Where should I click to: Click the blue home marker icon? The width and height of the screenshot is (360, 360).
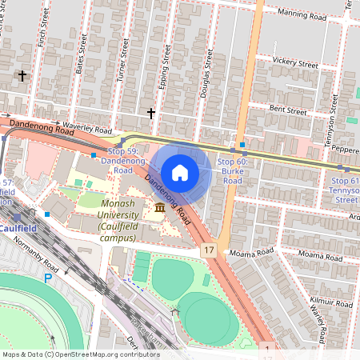pyautogui.click(x=180, y=172)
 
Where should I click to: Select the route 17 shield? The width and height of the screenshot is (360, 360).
pyautogui.click(x=209, y=250)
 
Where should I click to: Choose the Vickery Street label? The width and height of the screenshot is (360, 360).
pyautogui.click(x=295, y=62)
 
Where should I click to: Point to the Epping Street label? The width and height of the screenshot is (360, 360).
pyautogui.click(x=166, y=68)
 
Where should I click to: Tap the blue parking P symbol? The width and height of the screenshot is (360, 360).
pyautogui.click(x=47, y=278)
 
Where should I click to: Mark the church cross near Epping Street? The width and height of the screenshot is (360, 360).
pyautogui.click(x=150, y=114)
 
